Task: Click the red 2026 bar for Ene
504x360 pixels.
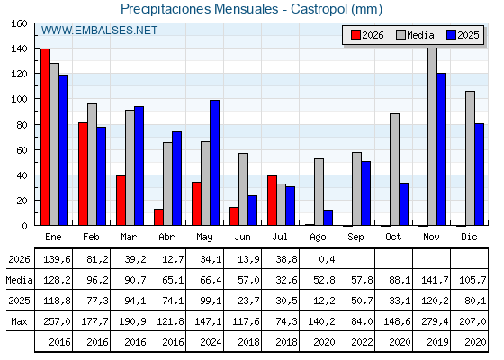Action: (x=45, y=137)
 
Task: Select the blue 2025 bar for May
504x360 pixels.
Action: (x=215, y=163)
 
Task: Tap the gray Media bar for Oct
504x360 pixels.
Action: (x=394, y=169)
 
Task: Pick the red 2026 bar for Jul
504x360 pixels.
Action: (x=272, y=201)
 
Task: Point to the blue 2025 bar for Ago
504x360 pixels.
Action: (x=328, y=218)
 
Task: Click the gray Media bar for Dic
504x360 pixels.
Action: (x=470, y=158)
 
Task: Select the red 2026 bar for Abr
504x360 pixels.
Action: (x=158, y=217)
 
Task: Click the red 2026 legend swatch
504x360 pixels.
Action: (x=355, y=35)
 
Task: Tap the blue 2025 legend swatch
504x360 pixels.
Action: (x=451, y=35)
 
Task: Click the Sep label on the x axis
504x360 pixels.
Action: (x=355, y=238)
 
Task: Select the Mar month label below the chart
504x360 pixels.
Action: (x=129, y=238)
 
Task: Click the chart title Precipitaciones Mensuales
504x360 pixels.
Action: (x=199, y=9)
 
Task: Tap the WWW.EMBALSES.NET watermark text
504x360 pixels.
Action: (x=99, y=31)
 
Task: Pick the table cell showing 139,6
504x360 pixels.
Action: (x=57, y=259)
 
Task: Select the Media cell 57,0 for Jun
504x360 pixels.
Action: (x=248, y=280)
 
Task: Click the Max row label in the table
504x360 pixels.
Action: (x=19, y=321)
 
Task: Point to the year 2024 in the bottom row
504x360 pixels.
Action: (x=211, y=342)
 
